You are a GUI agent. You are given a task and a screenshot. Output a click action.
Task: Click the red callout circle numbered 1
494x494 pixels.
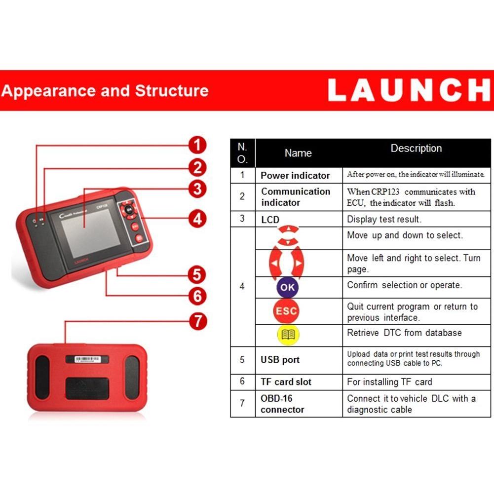pos(197,145)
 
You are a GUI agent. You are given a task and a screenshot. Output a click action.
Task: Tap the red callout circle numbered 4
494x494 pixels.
pos(197,219)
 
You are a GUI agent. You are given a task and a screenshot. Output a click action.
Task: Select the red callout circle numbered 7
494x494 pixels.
pos(198,322)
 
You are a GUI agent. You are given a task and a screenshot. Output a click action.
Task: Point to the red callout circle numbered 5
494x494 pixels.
pos(197,274)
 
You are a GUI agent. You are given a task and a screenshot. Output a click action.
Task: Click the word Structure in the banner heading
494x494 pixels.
pos(172,91)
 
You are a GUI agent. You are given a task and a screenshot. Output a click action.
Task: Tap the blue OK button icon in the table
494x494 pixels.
pos(287,287)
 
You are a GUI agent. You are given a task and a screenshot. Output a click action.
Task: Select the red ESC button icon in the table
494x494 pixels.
pos(286,311)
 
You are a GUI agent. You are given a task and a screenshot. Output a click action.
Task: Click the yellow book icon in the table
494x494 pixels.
pos(288,335)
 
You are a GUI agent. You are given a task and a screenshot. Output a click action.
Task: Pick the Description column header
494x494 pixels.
pos(416,149)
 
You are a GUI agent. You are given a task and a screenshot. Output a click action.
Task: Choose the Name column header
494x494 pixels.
pos(298,153)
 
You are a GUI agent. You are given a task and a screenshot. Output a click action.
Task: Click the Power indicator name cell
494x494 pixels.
pos(295,176)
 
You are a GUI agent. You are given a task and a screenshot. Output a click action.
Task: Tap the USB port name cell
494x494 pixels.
pos(280,360)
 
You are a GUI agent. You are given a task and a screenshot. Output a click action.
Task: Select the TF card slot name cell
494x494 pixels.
pos(286,382)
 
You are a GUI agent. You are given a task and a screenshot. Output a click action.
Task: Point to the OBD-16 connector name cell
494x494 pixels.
pos(282,404)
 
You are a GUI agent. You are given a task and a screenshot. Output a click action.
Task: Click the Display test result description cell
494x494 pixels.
pos(384,219)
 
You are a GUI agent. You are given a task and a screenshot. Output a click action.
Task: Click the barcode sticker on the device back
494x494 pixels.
pos(87,359)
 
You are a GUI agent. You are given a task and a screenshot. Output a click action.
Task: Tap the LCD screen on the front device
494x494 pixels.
pos(91,232)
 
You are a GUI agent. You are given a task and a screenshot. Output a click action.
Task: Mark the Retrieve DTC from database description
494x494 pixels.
pos(404,333)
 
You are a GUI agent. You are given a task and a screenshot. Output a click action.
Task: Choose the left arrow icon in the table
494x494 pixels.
pos(275,263)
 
